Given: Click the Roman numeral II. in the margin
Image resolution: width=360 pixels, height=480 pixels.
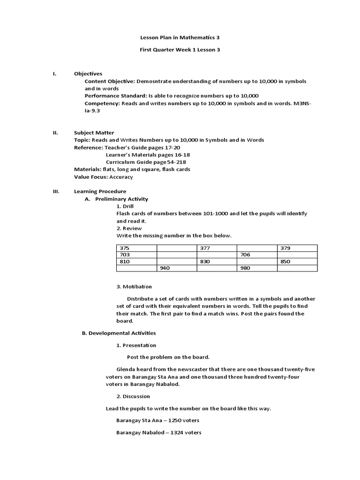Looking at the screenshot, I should point(56,133).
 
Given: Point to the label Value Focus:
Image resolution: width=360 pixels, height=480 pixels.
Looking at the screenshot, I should point(91,177).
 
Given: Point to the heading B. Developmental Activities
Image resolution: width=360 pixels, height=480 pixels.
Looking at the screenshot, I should point(119,333).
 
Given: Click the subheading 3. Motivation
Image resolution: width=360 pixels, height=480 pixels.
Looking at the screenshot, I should point(134,286).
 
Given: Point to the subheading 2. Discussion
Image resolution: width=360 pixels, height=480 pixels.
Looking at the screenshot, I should point(133,396).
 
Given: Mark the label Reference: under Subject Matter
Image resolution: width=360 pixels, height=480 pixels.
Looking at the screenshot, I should point(89,147).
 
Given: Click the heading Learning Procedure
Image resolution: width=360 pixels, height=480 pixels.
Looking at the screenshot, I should point(100,191).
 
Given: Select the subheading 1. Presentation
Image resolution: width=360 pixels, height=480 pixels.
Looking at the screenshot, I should point(136,345).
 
